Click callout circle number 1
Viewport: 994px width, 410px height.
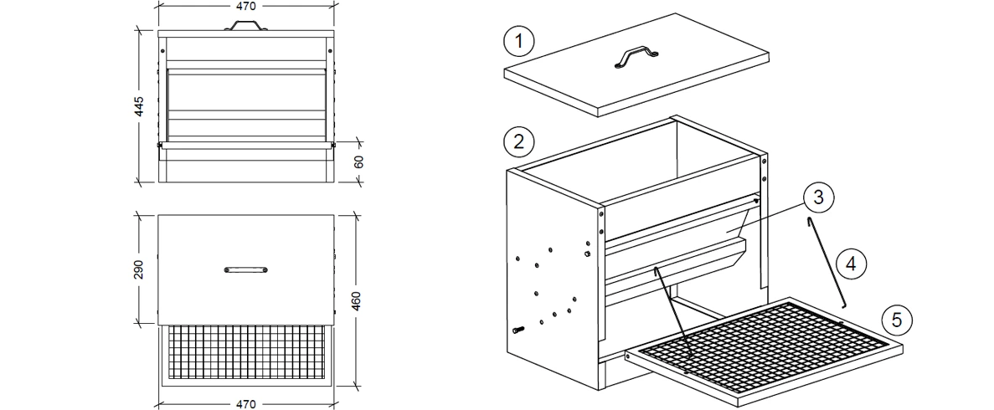519,41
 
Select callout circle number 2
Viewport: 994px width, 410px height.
519,141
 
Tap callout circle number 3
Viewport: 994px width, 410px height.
817,197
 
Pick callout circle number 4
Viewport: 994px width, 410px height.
850,264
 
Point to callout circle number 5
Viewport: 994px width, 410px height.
896,319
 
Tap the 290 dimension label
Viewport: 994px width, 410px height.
140,269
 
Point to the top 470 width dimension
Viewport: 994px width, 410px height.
245,6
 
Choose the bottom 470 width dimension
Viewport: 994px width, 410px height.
245,403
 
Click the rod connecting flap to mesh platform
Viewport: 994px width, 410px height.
672,311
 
